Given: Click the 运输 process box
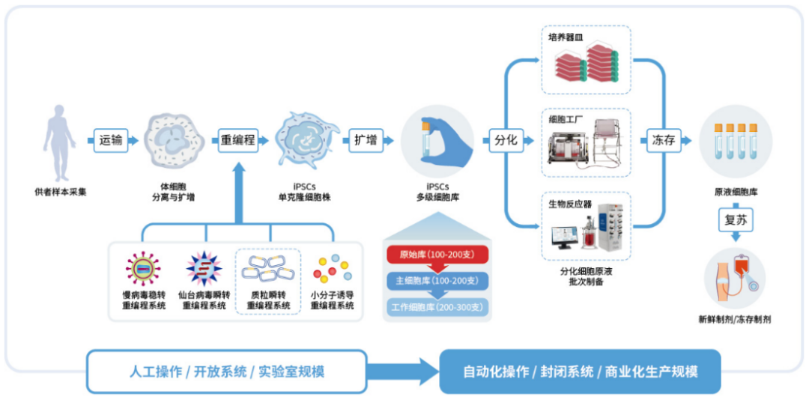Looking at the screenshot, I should (111, 140).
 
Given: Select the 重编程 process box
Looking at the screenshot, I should (237, 140).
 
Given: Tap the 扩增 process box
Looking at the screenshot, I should (366, 140).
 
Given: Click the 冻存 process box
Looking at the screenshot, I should (663, 140).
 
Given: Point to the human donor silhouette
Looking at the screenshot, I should (60, 138).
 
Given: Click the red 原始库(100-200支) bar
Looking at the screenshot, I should (437, 254).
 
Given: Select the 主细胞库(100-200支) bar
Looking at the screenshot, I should (437, 280).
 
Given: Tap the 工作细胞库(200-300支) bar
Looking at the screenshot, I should (437, 306).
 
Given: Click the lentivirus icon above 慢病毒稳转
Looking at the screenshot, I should (142, 268).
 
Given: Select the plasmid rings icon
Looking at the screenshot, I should (268, 268).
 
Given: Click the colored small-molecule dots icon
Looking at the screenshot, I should (332, 268).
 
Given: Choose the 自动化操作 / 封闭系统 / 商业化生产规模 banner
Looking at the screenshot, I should (580, 372).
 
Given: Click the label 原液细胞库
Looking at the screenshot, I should (736, 193).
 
